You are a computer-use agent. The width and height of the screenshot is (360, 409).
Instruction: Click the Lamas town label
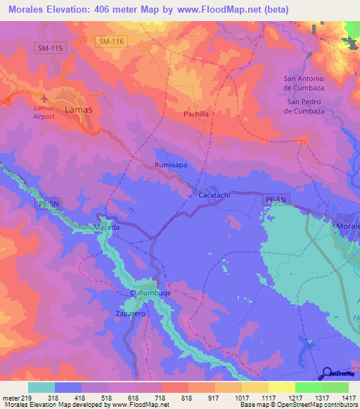tap(78, 110)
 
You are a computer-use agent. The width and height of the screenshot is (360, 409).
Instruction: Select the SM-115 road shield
tap(49, 47)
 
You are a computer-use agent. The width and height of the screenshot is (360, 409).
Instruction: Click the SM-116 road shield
tap(111, 42)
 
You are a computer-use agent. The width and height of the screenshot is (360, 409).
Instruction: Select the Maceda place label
tap(108, 228)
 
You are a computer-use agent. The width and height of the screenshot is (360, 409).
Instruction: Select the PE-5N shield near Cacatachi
tap(276, 201)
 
